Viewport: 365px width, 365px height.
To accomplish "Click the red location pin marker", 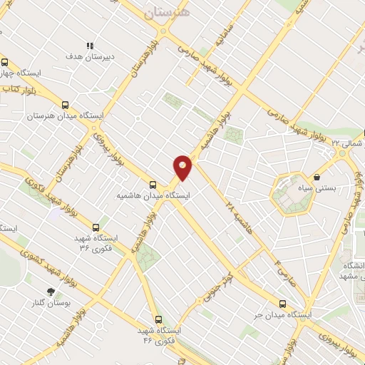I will [x=183, y=168].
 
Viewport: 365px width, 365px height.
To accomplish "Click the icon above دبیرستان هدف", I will [x=90, y=46].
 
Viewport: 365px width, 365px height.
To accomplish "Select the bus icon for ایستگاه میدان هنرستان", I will [x=66, y=104].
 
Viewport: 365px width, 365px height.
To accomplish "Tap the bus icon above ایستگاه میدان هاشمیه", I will [x=153, y=183].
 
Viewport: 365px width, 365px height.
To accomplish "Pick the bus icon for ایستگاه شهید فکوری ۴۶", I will [x=158, y=319].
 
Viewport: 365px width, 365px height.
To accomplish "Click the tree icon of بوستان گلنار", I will [x=50, y=291].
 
